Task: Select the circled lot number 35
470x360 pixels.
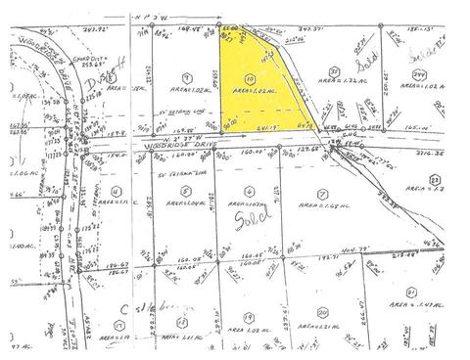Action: pyautogui.click(x=335, y=71)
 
